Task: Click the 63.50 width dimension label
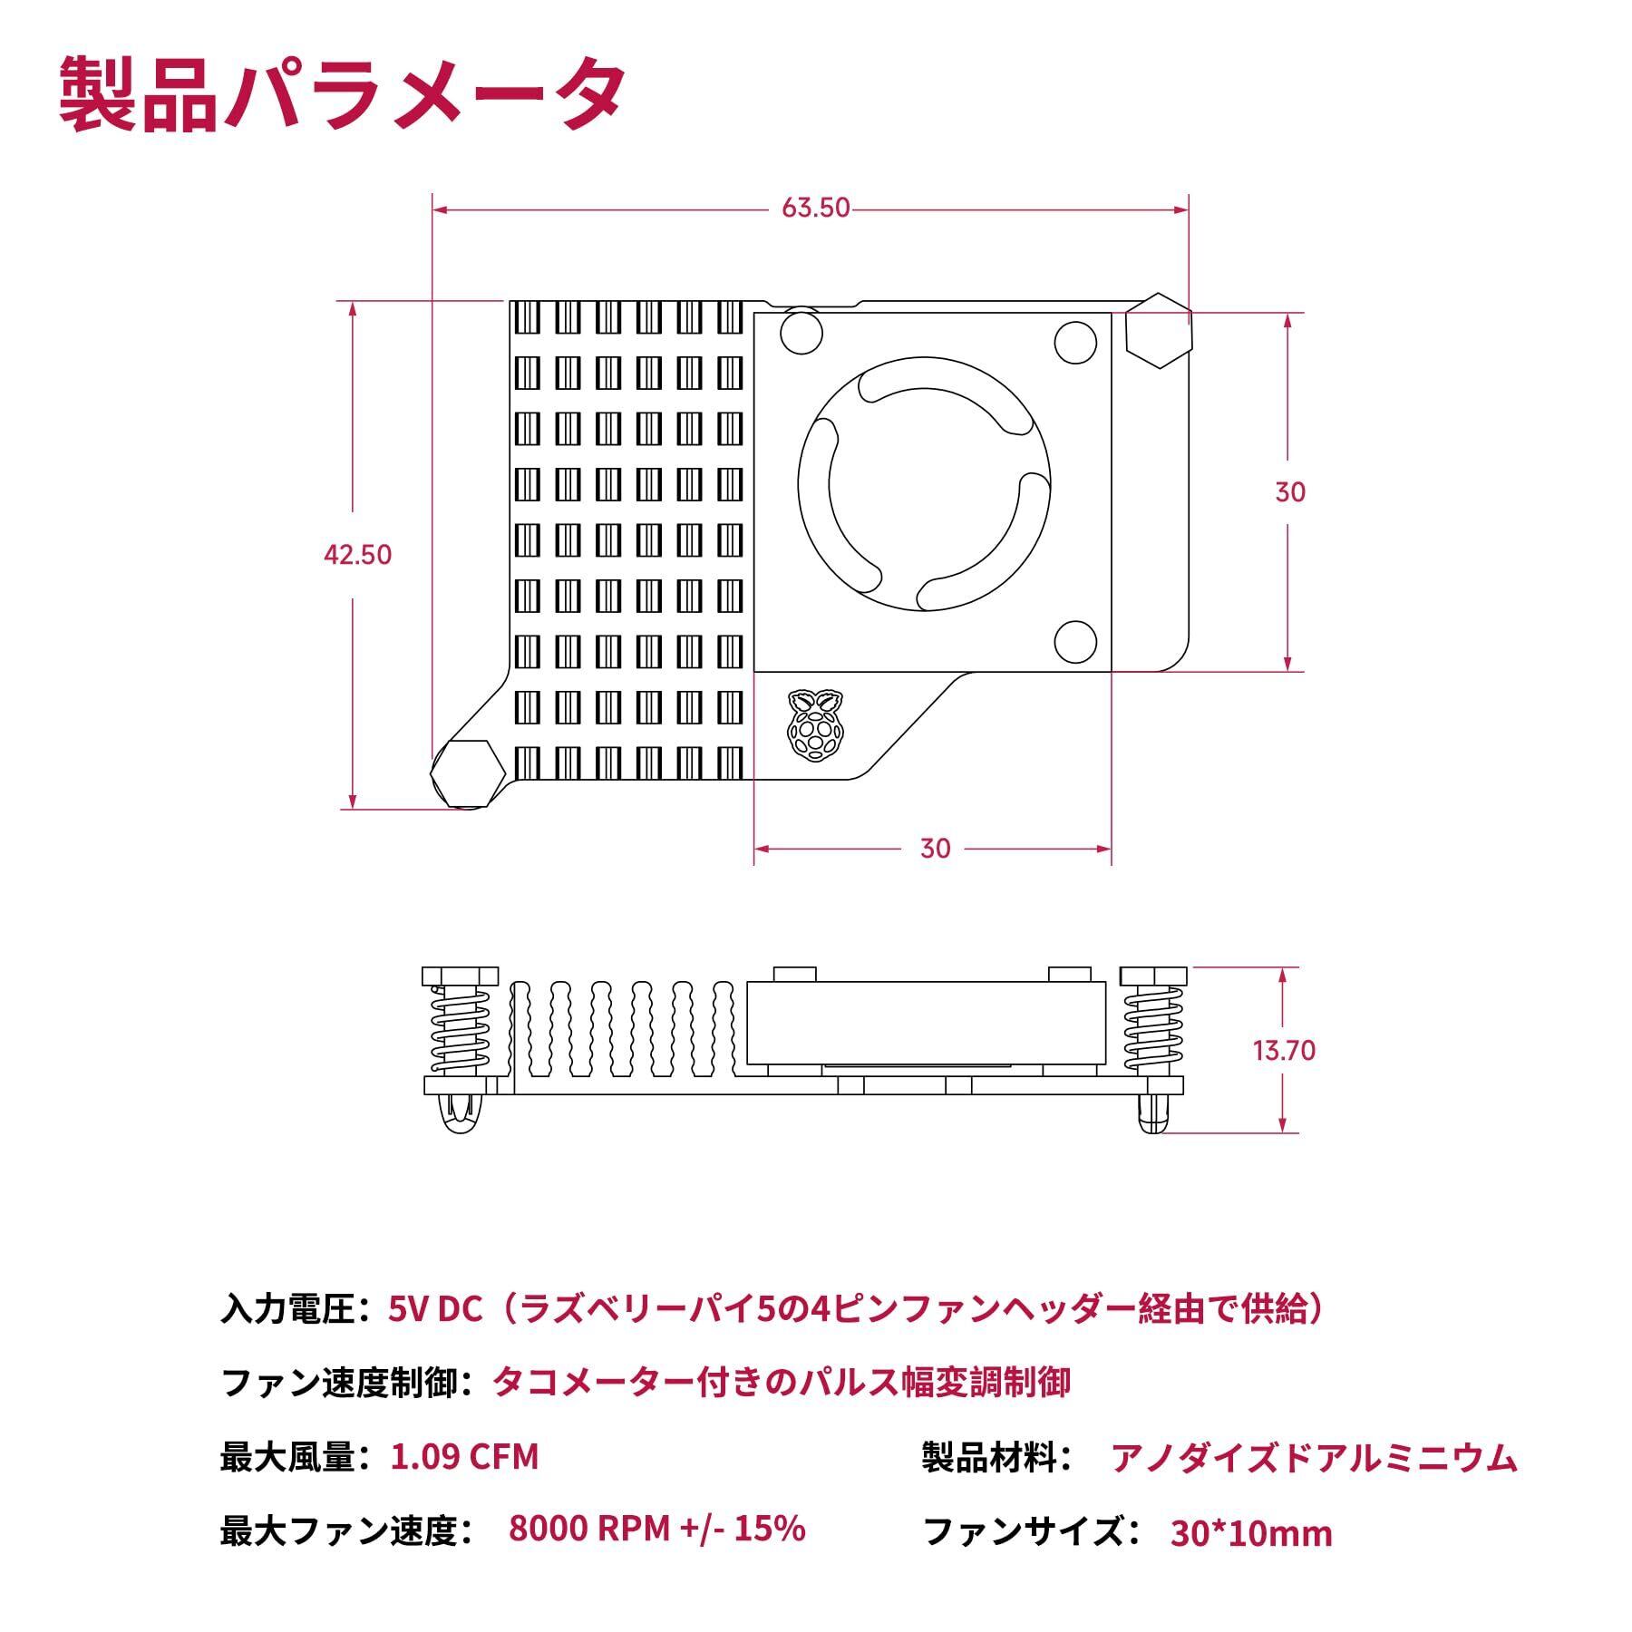(816, 208)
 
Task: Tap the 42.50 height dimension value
(358, 554)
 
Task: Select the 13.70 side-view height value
(1284, 1050)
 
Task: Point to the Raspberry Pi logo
(814, 723)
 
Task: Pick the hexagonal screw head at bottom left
(467, 772)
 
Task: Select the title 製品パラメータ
(342, 95)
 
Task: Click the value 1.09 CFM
(464, 1457)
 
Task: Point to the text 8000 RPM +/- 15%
(657, 1529)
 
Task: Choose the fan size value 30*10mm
(1251, 1533)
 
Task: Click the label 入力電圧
(287, 1309)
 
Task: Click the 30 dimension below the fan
(935, 848)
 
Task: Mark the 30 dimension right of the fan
(1289, 491)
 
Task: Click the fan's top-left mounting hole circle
(802, 332)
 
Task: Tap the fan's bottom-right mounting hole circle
(1076, 642)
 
